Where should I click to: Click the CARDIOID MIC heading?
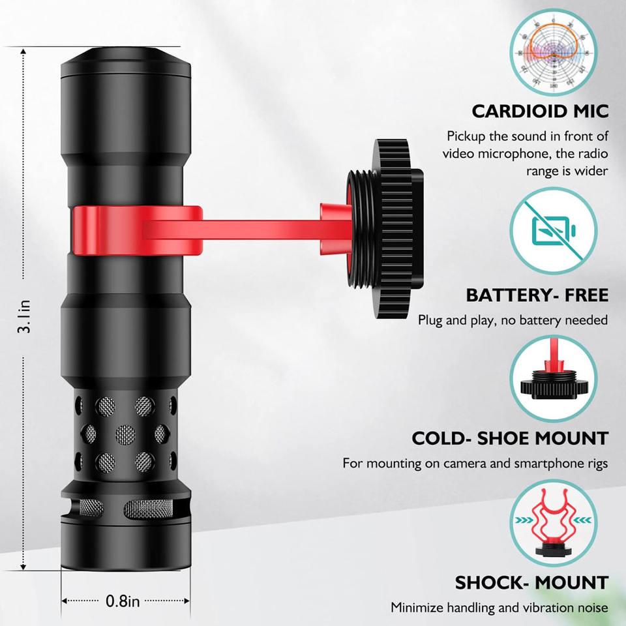[x=540, y=111]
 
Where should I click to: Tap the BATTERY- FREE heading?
[x=537, y=295]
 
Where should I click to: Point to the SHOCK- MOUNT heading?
[x=531, y=582]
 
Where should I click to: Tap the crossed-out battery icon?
[x=555, y=231]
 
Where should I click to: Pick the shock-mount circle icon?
[x=555, y=522]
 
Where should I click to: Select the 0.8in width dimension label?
[x=123, y=601]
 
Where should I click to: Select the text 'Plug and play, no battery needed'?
[x=513, y=320]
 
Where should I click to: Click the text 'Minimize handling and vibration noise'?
[x=499, y=607]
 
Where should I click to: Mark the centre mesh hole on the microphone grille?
[x=125, y=432]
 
